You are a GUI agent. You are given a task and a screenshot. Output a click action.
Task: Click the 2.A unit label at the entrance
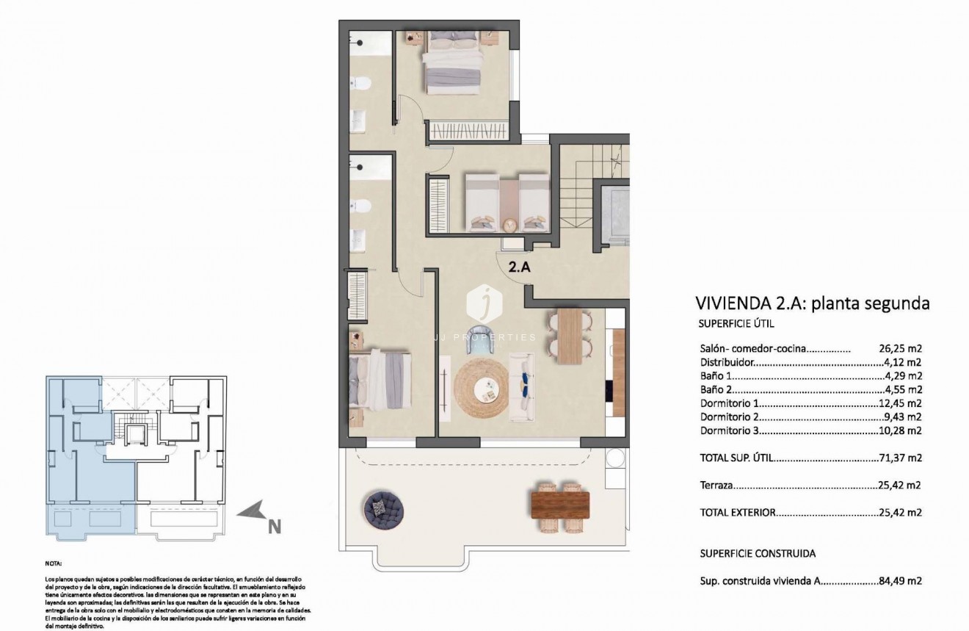[x=519, y=268]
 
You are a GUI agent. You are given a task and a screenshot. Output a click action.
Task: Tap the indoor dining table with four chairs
[x=569, y=336]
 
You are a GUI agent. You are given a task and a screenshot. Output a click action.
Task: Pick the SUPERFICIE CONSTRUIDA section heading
[x=758, y=553]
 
